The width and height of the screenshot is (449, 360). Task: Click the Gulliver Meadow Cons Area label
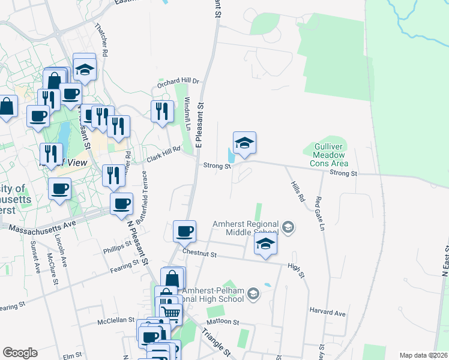[x=329, y=154]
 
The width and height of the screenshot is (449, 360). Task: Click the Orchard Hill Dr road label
[x=178, y=83]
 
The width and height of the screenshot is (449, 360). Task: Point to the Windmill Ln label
[x=187, y=115]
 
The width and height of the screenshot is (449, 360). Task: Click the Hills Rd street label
[x=298, y=192]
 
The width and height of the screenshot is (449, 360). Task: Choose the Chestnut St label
[x=200, y=254]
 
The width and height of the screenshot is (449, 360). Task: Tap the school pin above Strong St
[x=244, y=145]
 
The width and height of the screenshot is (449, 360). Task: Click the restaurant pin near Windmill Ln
[x=162, y=112]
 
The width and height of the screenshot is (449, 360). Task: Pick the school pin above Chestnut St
[x=265, y=245]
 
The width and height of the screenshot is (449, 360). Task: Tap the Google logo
[x=20, y=353]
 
